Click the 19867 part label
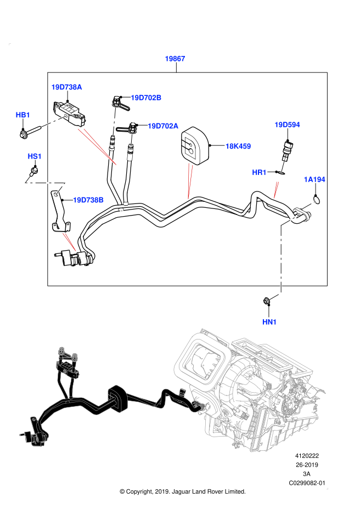175,59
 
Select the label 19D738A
66,87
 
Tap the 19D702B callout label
146,98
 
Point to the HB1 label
23,115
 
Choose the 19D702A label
163,126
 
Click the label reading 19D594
287,125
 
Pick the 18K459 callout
238,146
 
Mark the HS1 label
35,156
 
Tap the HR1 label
259,173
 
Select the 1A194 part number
314,179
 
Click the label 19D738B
88,200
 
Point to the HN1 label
269,322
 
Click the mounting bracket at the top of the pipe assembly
67,365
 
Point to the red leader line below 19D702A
189,181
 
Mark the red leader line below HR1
276,190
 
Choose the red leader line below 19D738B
70,242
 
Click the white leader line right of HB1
53,122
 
